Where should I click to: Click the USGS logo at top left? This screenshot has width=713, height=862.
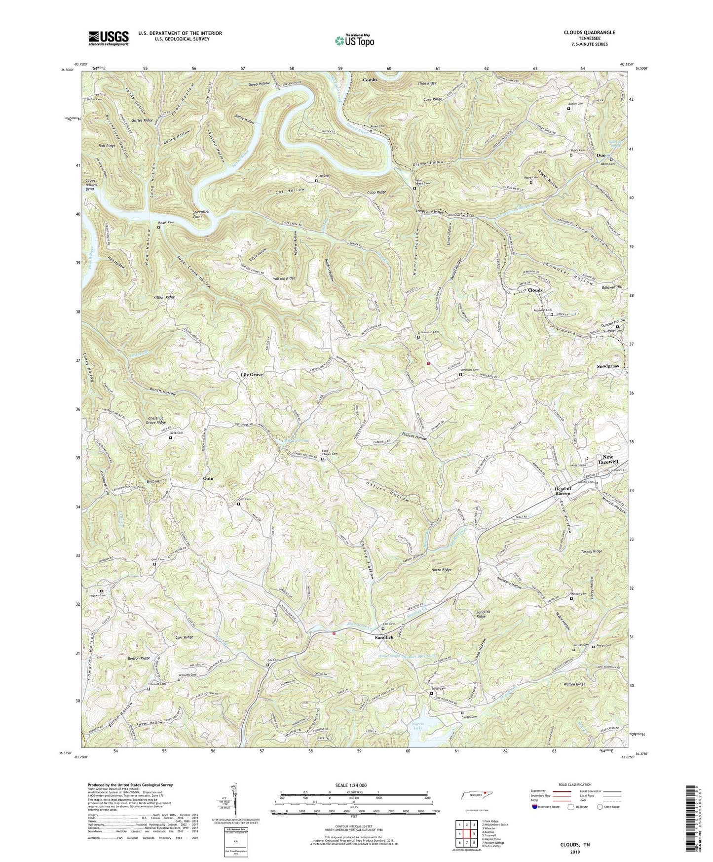click(x=108, y=38)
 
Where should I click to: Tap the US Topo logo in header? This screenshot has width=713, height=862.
click(x=354, y=40)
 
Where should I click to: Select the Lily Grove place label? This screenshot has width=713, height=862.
click(x=252, y=375)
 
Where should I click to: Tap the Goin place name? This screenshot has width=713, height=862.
click(x=208, y=478)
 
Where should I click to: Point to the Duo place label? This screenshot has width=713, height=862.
click(x=600, y=155)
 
